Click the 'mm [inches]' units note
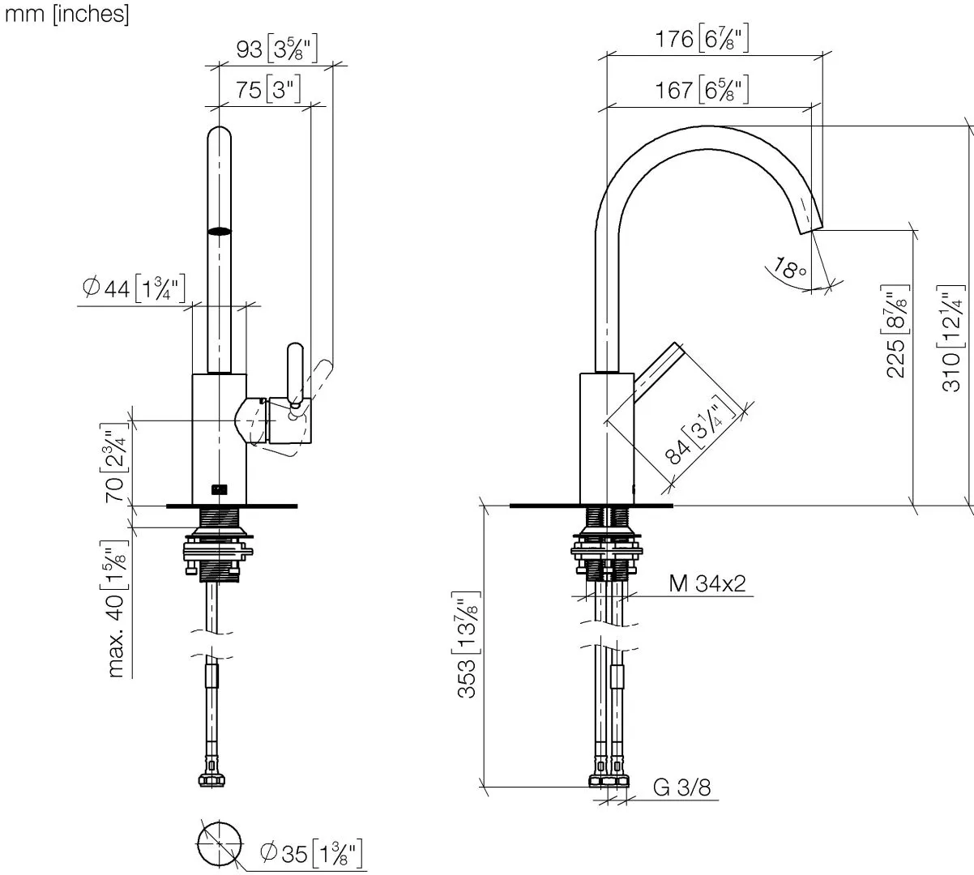66,14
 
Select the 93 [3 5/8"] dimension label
277,49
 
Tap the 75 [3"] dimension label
267,89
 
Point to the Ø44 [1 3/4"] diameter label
134,288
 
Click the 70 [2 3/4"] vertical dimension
114,463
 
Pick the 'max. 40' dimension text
115,637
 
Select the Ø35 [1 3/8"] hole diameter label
311,852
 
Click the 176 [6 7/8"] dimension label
702,38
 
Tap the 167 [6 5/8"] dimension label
702,89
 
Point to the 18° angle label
789,269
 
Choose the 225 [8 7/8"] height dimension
897,331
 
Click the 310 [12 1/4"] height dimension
951,338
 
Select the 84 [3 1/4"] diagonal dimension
700,431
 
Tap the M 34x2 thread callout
707,583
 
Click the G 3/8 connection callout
681,787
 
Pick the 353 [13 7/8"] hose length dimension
466,644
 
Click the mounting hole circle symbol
220,843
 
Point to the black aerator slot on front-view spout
220,231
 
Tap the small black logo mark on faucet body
220,489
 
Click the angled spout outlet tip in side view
811,230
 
